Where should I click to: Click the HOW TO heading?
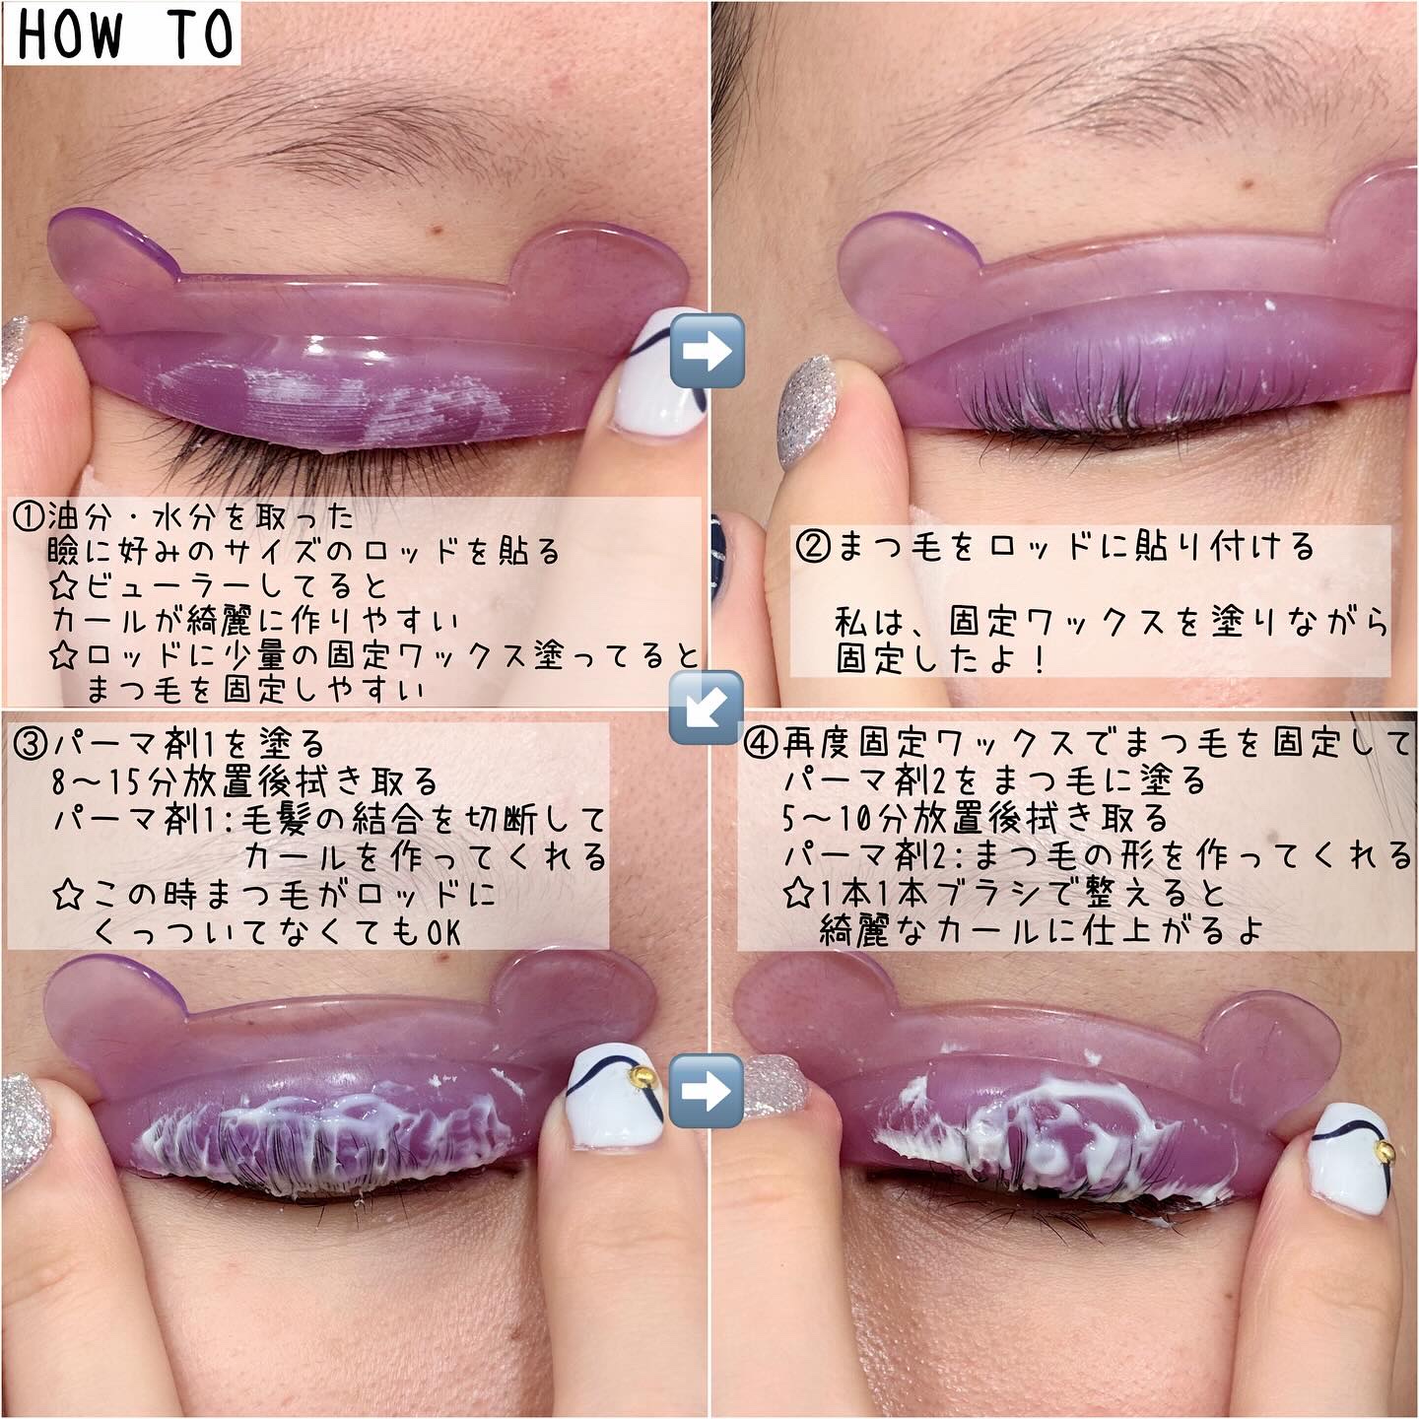click(124, 34)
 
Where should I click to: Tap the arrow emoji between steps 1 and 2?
click(707, 350)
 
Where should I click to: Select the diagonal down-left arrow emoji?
click(706, 707)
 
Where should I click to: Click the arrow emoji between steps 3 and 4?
click(707, 1091)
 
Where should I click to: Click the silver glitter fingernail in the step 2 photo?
click(803, 412)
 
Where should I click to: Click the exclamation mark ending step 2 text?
click(1039, 659)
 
